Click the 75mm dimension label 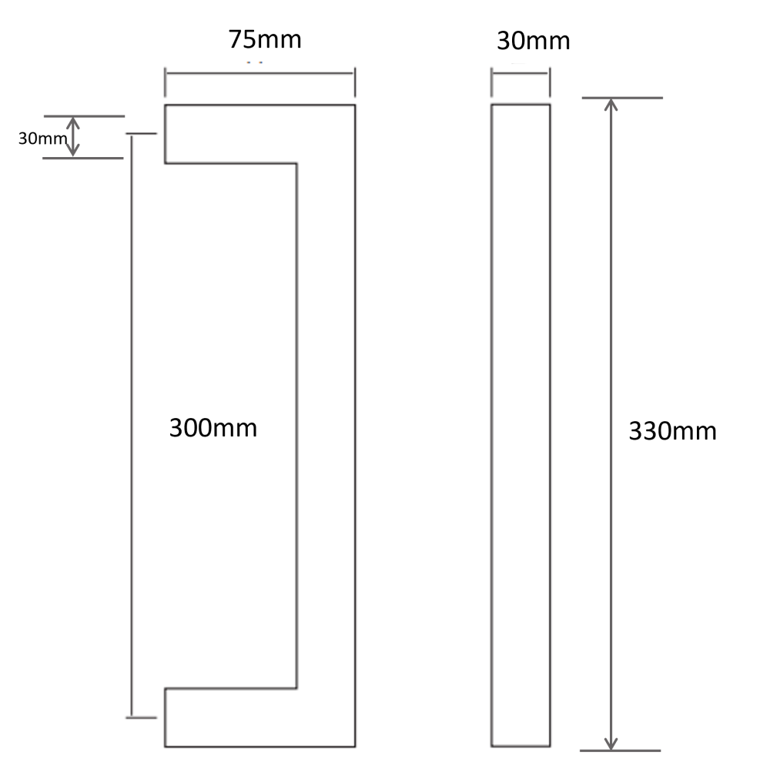point(265,39)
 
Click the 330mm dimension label point(672,431)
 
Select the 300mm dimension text point(213,428)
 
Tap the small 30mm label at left point(43,138)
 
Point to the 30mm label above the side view point(534,41)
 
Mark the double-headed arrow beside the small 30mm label point(73,136)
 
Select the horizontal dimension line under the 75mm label point(259,74)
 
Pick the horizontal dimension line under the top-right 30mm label point(520,73)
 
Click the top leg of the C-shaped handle point(231,134)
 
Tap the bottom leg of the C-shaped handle point(231,717)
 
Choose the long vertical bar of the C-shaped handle point(326,426)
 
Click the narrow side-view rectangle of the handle point(521,425)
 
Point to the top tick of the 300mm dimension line point(141,134)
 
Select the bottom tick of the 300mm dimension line point(141,717)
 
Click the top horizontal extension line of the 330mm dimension point(622,98)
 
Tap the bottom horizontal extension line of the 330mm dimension point(621,751)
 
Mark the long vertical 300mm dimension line point(132,426)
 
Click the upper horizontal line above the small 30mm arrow point(84,116)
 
